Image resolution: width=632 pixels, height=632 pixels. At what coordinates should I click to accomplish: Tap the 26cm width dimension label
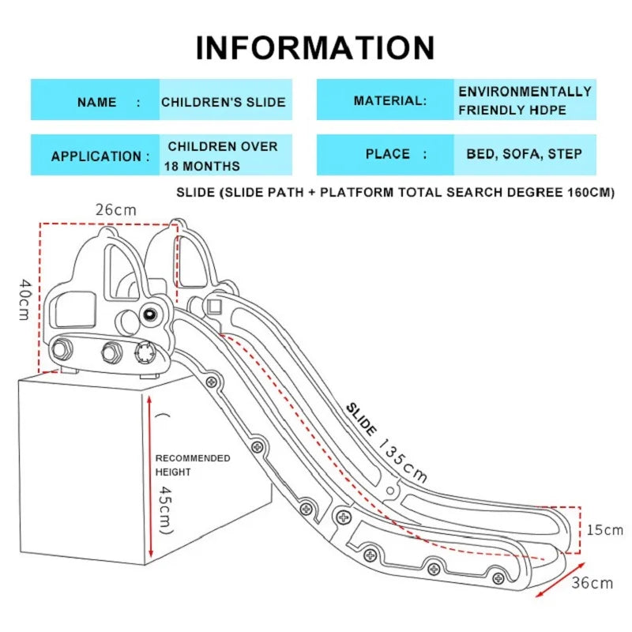[115, 211]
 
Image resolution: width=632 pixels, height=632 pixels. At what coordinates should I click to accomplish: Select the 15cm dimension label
[604, 529]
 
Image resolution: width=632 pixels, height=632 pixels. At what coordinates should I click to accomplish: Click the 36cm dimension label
[592, 583]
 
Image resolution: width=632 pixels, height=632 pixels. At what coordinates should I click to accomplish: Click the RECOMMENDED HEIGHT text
[192, 465]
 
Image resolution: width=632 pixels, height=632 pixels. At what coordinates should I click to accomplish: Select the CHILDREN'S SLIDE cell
[224, 102]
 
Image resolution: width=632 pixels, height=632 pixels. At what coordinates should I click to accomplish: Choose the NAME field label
[97, 102]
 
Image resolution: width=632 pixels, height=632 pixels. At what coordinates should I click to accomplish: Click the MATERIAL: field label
[389, 101]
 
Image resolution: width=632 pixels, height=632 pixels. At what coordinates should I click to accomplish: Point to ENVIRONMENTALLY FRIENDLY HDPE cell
[525, 101]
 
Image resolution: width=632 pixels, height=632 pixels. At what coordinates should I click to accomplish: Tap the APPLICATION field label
[100, 156]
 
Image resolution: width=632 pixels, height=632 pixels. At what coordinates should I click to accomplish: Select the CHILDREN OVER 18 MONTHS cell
[222, 156]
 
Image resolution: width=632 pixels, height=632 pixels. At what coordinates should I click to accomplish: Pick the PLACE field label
[388, 154]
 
